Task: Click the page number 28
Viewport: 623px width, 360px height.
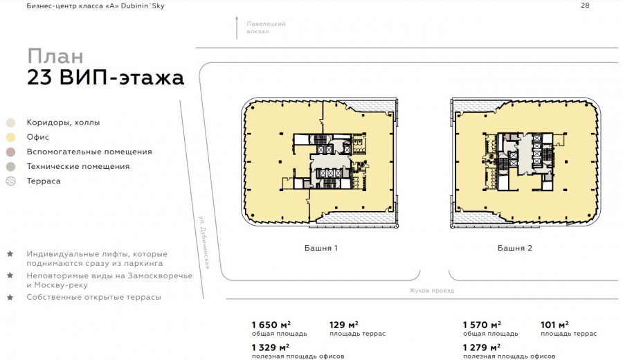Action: point(585,6)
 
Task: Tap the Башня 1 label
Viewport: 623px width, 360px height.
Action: point(321,248)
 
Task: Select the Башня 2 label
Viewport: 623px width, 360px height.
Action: point(514,248)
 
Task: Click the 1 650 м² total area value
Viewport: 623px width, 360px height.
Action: point(271,325)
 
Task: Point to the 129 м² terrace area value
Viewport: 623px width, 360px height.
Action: point(343,325)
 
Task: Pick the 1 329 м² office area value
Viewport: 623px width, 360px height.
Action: point(271,348)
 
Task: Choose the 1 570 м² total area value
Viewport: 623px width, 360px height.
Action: point(482,325)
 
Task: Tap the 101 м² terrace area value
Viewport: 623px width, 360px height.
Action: point(554,325)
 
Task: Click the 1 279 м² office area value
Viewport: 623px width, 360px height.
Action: point(482,348)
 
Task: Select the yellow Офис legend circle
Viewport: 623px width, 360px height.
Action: point(10,138)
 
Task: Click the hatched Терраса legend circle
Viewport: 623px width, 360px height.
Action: point(10,181)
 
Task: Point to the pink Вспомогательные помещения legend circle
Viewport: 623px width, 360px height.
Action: point(10,152)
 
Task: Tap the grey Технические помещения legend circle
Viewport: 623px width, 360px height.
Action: point(10,167)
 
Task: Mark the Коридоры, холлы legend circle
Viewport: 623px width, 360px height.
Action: point(10,123)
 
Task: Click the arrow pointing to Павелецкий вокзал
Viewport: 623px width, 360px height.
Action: point(237,28)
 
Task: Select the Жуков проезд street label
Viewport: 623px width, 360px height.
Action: point(431,291)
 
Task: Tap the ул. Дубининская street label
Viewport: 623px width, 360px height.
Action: point(204,242)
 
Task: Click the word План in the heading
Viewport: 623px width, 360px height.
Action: point(55,56)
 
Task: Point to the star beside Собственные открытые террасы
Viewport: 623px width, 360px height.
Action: point(10,297)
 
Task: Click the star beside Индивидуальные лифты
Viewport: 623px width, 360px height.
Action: point(10,254)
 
